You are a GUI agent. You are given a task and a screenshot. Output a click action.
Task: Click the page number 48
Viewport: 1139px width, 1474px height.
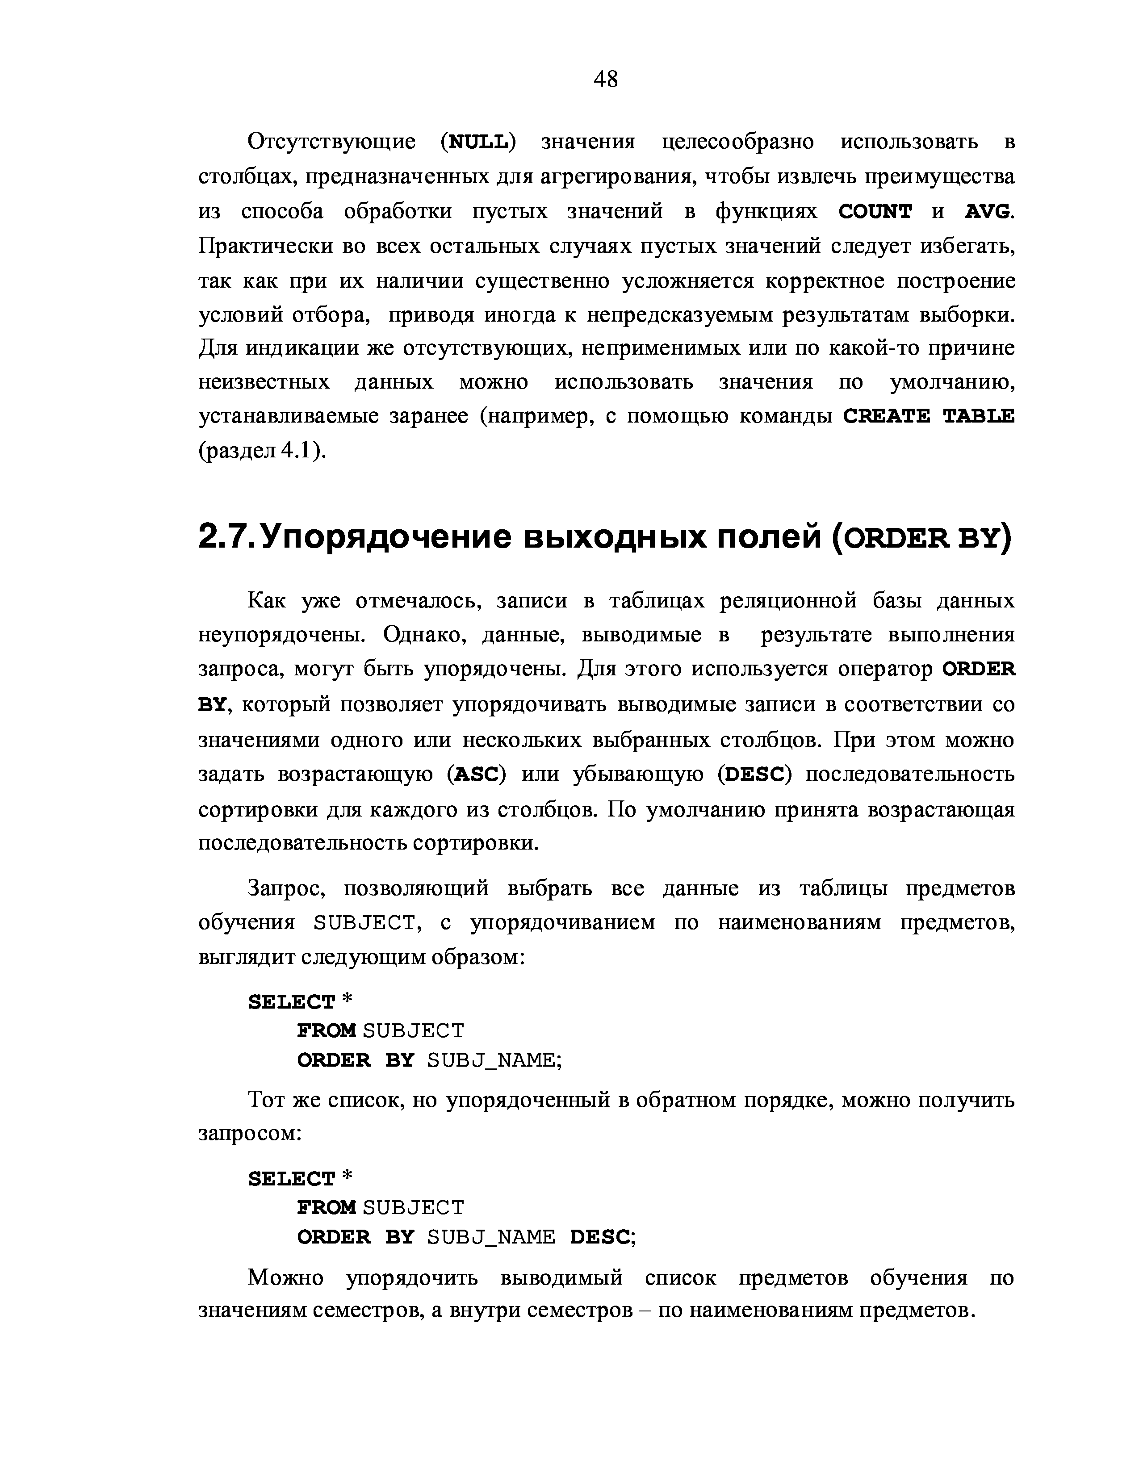605,80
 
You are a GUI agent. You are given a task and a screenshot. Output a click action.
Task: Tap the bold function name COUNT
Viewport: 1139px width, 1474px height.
875,212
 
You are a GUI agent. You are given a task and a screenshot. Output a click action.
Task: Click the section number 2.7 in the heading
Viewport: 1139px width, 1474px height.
226,537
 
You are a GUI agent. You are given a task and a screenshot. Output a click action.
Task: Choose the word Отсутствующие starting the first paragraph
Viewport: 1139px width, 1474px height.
331,142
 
